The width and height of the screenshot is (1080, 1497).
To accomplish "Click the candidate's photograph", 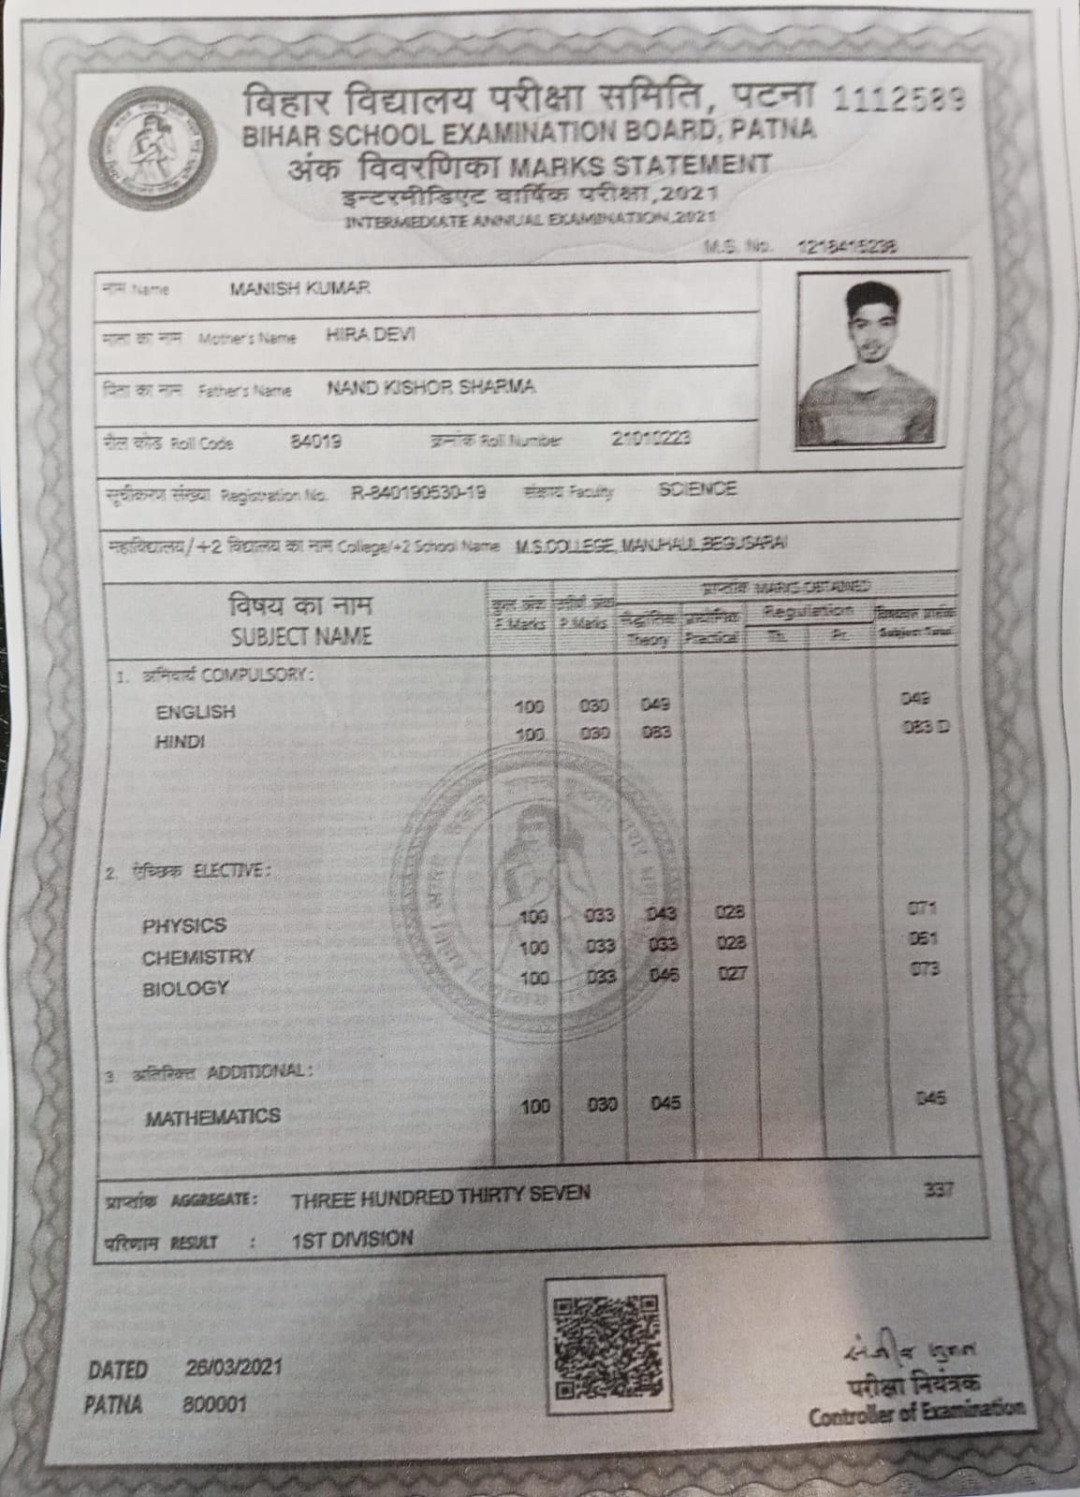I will pos(867,360).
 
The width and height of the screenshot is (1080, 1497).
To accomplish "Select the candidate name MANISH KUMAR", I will pos(299,288).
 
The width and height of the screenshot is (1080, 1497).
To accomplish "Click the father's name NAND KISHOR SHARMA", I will pos(431,387).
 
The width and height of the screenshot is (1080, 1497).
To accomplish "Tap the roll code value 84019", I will pos(315,442).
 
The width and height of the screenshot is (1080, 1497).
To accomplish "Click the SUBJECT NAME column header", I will pos(301,637).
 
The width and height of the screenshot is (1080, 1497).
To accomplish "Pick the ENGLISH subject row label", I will pos(196,712).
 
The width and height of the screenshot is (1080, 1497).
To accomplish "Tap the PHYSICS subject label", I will pos(184,925).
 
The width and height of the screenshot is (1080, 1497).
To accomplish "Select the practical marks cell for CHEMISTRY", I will pos(730,944).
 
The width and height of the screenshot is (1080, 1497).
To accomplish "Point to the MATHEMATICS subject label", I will pos(212,1116).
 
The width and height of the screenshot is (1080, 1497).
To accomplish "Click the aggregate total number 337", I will pos(937,1190).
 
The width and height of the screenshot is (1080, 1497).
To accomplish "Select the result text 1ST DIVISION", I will pos(352,1239).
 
